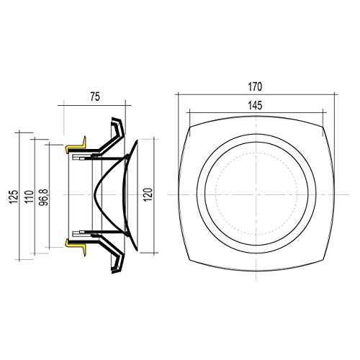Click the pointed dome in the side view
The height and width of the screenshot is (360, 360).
108,195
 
